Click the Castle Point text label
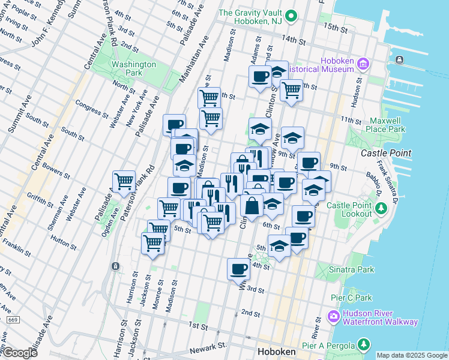click(x=386, y=154)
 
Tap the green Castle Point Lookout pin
click(x=381, y=209)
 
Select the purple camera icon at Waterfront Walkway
click(x=333, y=316)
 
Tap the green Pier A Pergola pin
click(x=363, y=344)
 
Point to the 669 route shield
click(x=13, y=320)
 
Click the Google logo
click(x=19, y=353)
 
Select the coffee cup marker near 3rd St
click(x=238, y=269)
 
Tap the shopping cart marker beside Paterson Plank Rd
click(x=124, y=181)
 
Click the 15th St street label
click(x=336, y=28)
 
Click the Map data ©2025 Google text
click(x=412, y=355)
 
